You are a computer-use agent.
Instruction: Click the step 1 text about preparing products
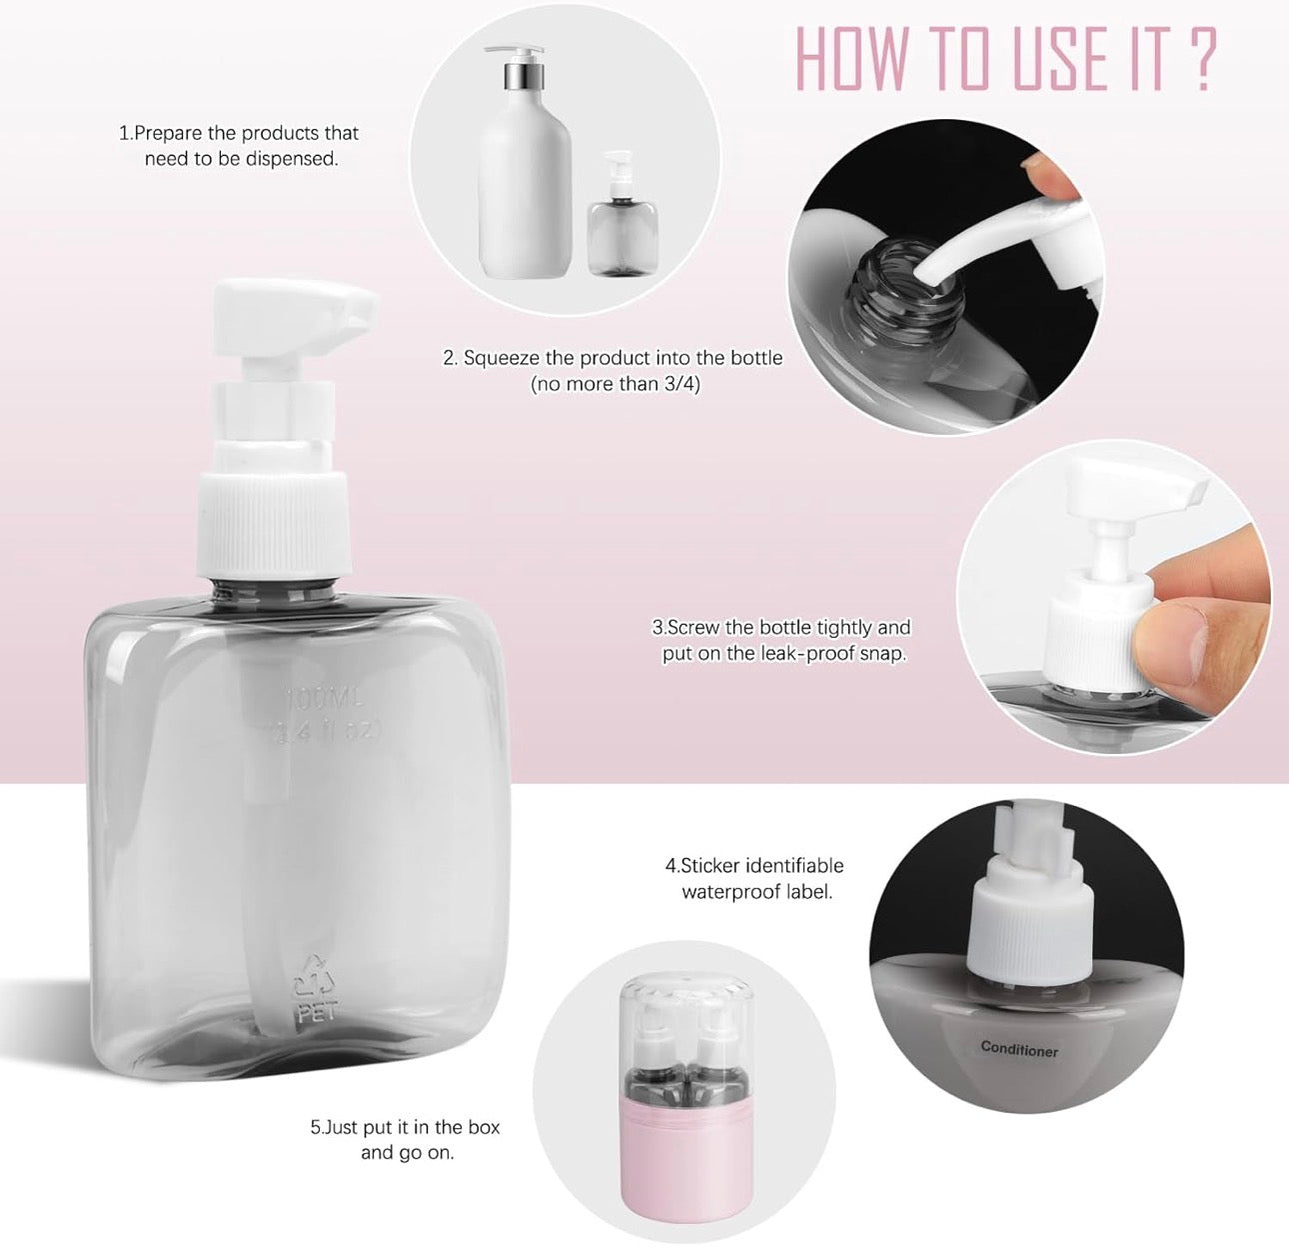coord(239,146)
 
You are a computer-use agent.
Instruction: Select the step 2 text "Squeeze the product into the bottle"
coord(613,358)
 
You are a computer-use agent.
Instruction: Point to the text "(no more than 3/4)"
coord(614,384)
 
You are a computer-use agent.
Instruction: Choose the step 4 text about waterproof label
coord(755,878)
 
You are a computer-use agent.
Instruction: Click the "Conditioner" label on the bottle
coord(1018,1048)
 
